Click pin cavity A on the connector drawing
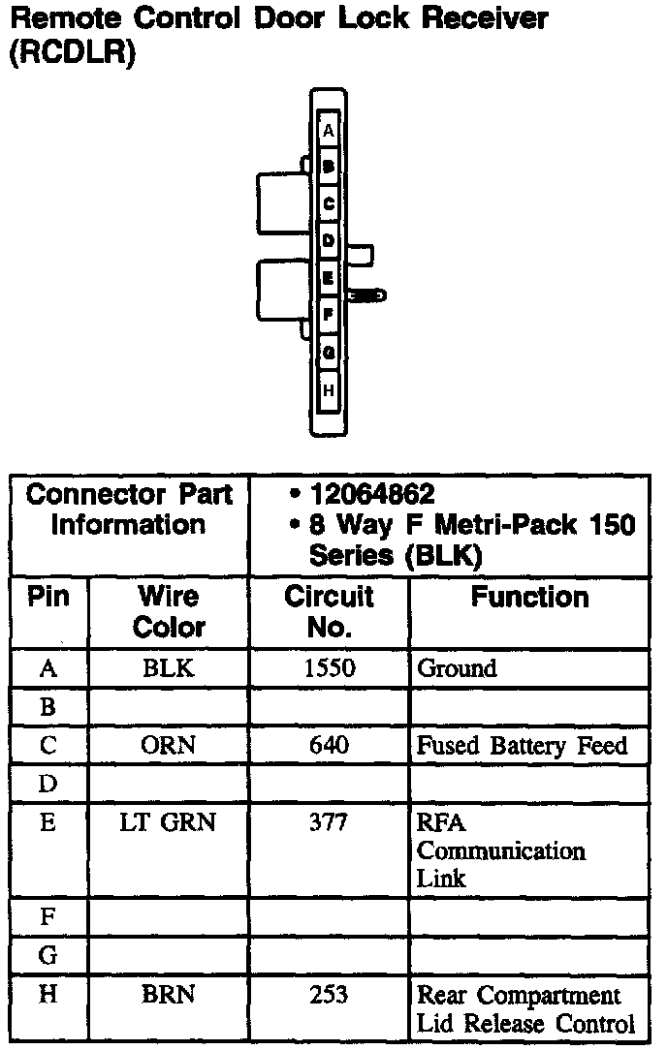[x=329, y=130]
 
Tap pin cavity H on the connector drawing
[x=329, y=390]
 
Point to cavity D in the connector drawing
[x=329, y=239]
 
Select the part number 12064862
[x=371, y=495]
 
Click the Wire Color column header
[x=169, y=611]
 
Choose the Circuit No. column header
[x=329, y=611]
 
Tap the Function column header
[x=529, y=598]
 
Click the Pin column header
[x=48, y=598]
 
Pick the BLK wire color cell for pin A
[x=169, y=668]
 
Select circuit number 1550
[x=329, y=668]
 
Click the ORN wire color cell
[x=169, y=746]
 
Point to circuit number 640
[x=329, y=746]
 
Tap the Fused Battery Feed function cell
[x=522, y=746]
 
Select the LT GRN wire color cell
[x=169, y=823]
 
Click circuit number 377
[x=329, y=823]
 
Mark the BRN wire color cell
[x=169, y=996]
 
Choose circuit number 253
[x=329, y=996]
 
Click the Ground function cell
[x=457, y=668]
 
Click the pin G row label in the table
[x=48, y=956]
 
